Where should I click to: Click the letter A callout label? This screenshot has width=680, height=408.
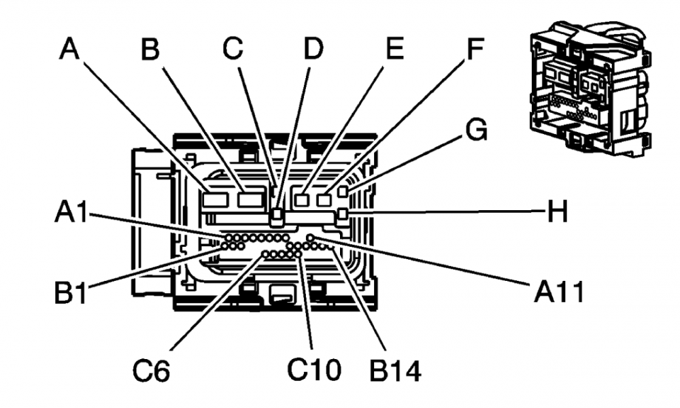(69, 49)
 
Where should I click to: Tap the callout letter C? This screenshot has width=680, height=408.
(233, 49)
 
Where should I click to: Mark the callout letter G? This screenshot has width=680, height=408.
(475, 129)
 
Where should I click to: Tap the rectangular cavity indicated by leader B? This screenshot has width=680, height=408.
(252, 199)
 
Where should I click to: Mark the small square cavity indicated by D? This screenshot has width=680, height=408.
(277, 217)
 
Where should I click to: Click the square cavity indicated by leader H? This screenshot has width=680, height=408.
(343, 216)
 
